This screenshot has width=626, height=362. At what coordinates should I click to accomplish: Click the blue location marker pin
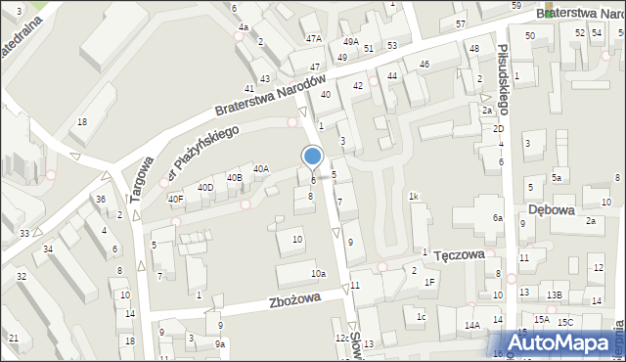313,158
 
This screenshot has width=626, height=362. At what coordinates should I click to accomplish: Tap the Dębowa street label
550,209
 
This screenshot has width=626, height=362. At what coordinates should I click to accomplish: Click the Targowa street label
139,180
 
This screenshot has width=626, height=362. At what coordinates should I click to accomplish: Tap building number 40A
261,168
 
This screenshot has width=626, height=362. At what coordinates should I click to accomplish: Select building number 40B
234,177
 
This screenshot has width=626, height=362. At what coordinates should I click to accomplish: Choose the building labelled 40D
205,187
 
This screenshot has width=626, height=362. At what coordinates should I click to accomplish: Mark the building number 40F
175,199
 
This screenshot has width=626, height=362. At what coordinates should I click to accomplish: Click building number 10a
318,273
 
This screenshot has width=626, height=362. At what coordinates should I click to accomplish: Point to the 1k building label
414,197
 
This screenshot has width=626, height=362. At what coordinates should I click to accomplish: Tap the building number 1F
428,282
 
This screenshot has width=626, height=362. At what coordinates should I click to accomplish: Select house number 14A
472,325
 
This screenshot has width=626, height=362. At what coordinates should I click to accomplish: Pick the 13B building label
555,294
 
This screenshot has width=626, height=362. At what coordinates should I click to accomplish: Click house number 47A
313,38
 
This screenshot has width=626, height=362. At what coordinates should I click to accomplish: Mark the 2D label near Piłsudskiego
498,128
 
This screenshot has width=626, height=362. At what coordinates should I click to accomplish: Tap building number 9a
221,343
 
